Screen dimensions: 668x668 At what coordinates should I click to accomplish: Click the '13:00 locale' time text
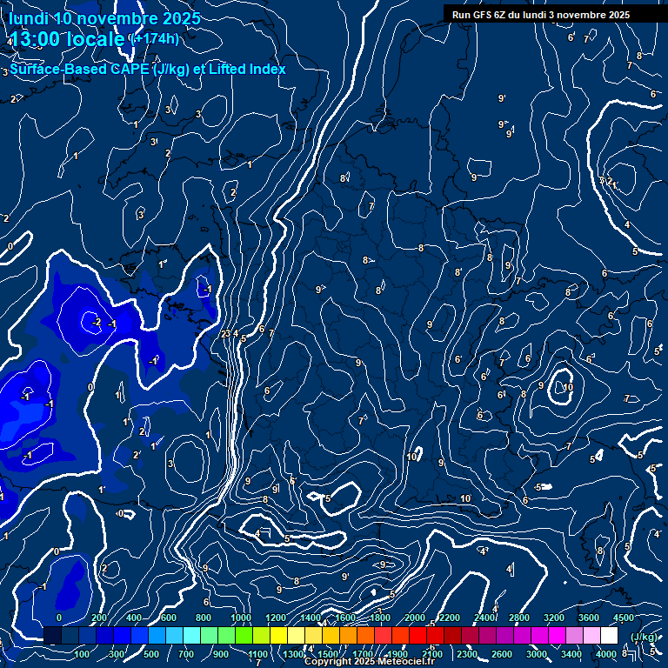[67, 40]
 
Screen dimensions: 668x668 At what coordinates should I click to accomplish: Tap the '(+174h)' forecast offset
[153, 38]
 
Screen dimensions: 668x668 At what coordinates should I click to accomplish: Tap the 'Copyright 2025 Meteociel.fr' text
[370, 662]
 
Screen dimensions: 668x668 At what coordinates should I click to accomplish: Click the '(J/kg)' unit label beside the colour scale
[643, 637]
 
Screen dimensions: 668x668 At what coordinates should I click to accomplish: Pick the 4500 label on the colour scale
[624, 618]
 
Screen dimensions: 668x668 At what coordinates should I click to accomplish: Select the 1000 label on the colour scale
[241, 618]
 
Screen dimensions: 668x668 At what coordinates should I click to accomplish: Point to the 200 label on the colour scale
[98, 618]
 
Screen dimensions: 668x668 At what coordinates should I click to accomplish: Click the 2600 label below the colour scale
[502, 654]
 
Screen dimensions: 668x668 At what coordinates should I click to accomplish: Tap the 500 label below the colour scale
[151, 654]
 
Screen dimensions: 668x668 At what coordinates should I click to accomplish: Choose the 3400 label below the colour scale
[571, 654]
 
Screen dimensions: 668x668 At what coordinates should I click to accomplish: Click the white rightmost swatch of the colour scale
[609, 636]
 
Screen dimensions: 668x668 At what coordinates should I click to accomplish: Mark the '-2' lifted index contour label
[97, 323]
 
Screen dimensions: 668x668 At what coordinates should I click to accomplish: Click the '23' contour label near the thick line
[224, 334]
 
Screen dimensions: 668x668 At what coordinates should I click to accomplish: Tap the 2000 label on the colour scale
[414, 618]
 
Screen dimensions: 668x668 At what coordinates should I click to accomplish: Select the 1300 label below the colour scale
[292, 654]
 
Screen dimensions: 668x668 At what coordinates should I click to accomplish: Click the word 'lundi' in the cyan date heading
[29, 18]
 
